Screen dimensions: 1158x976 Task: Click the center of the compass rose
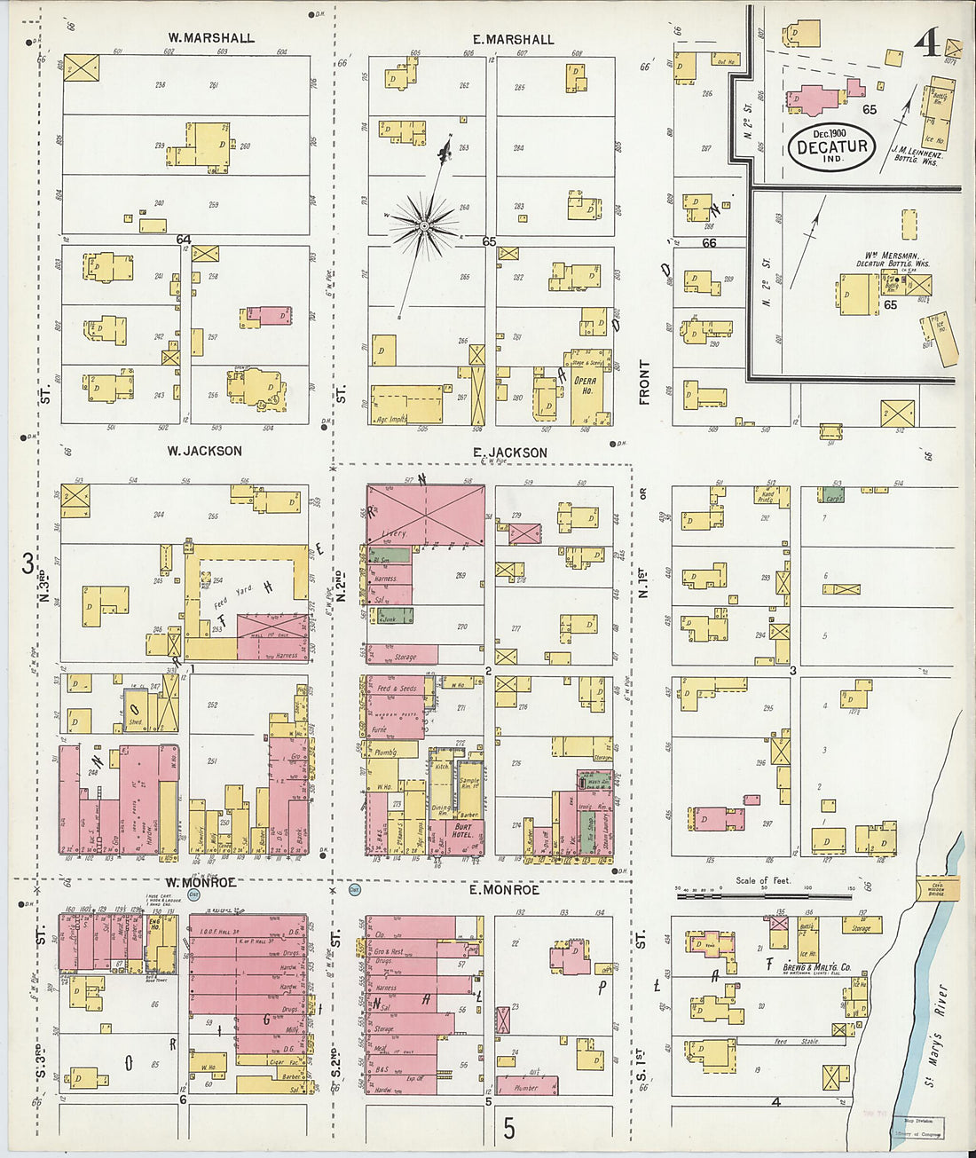click(x=425, y=226)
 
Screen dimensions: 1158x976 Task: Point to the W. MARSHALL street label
click(x=211, y=38)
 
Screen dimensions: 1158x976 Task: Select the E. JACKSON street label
click(x=509, y=452)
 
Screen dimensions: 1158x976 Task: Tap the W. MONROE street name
click(x=201, y=882)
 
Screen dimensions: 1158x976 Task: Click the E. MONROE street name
click(x=504, y=889)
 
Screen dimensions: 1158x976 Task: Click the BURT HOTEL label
click(x=463, y=831)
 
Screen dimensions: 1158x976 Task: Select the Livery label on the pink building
click(x=393, y=533)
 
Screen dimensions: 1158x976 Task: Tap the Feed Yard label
click(x=232, y=595)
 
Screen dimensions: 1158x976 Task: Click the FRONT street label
click(x=644, y=382)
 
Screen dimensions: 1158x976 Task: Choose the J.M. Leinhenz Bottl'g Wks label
click(x=915, y=156)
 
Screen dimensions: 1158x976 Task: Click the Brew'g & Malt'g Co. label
click(x=808, y=966)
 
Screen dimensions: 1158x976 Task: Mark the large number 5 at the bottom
click(x=508, y=1128)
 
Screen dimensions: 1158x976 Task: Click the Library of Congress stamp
click(x=917, y=1128)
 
